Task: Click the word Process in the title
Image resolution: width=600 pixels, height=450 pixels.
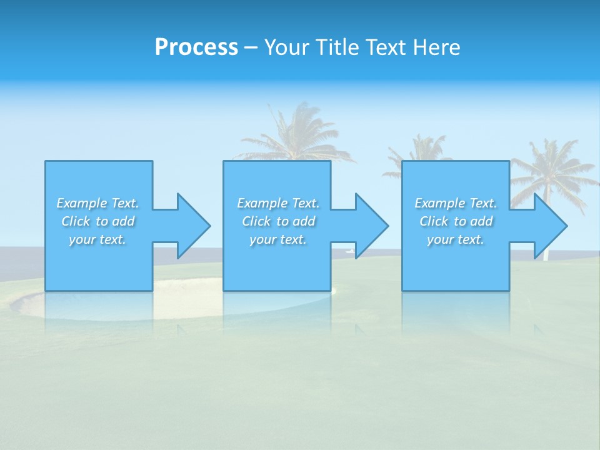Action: (x=196, y=47)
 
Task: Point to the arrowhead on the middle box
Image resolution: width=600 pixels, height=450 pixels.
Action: (x=371, y=226)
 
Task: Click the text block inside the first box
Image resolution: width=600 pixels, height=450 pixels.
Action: (x=98, y=221)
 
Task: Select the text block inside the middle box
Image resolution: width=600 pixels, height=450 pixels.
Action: (x=278, y=221)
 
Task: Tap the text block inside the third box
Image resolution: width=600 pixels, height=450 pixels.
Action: (x=456, y=221)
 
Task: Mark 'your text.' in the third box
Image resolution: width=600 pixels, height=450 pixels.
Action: (x=456, y=239)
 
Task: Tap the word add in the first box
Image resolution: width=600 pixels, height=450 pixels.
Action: (x=123, y=221)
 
